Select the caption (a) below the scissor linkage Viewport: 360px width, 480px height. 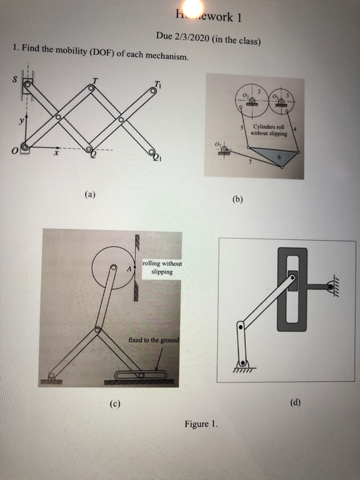[92, 194]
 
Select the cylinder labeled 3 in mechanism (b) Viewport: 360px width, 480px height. [281, 101]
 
